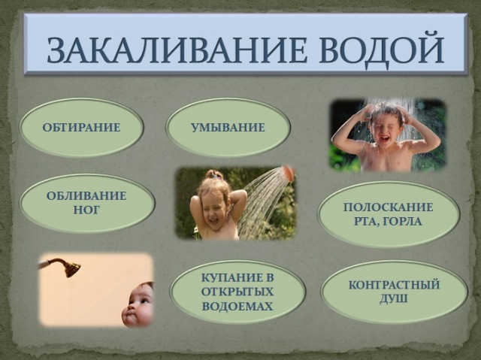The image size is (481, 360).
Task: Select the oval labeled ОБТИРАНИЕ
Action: [82, 128]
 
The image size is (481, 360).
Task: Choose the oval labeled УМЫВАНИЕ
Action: [228, 128]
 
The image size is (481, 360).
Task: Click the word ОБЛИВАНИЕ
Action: [86, 195]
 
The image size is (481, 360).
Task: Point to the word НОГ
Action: [86, 210]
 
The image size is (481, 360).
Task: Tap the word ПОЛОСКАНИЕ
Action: [388, 207]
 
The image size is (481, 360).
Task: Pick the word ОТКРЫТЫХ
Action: [237, 292]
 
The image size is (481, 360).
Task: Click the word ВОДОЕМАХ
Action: [237, 306]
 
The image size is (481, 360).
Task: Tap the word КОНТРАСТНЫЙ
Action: [394, 285]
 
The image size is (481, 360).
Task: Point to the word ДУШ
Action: [394, 298]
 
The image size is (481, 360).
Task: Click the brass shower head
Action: [72, 268]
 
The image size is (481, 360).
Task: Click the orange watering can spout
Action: [288, 173]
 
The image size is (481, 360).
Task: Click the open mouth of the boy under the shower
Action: [385, 138]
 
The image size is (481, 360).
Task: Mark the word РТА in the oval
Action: [367, 222]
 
